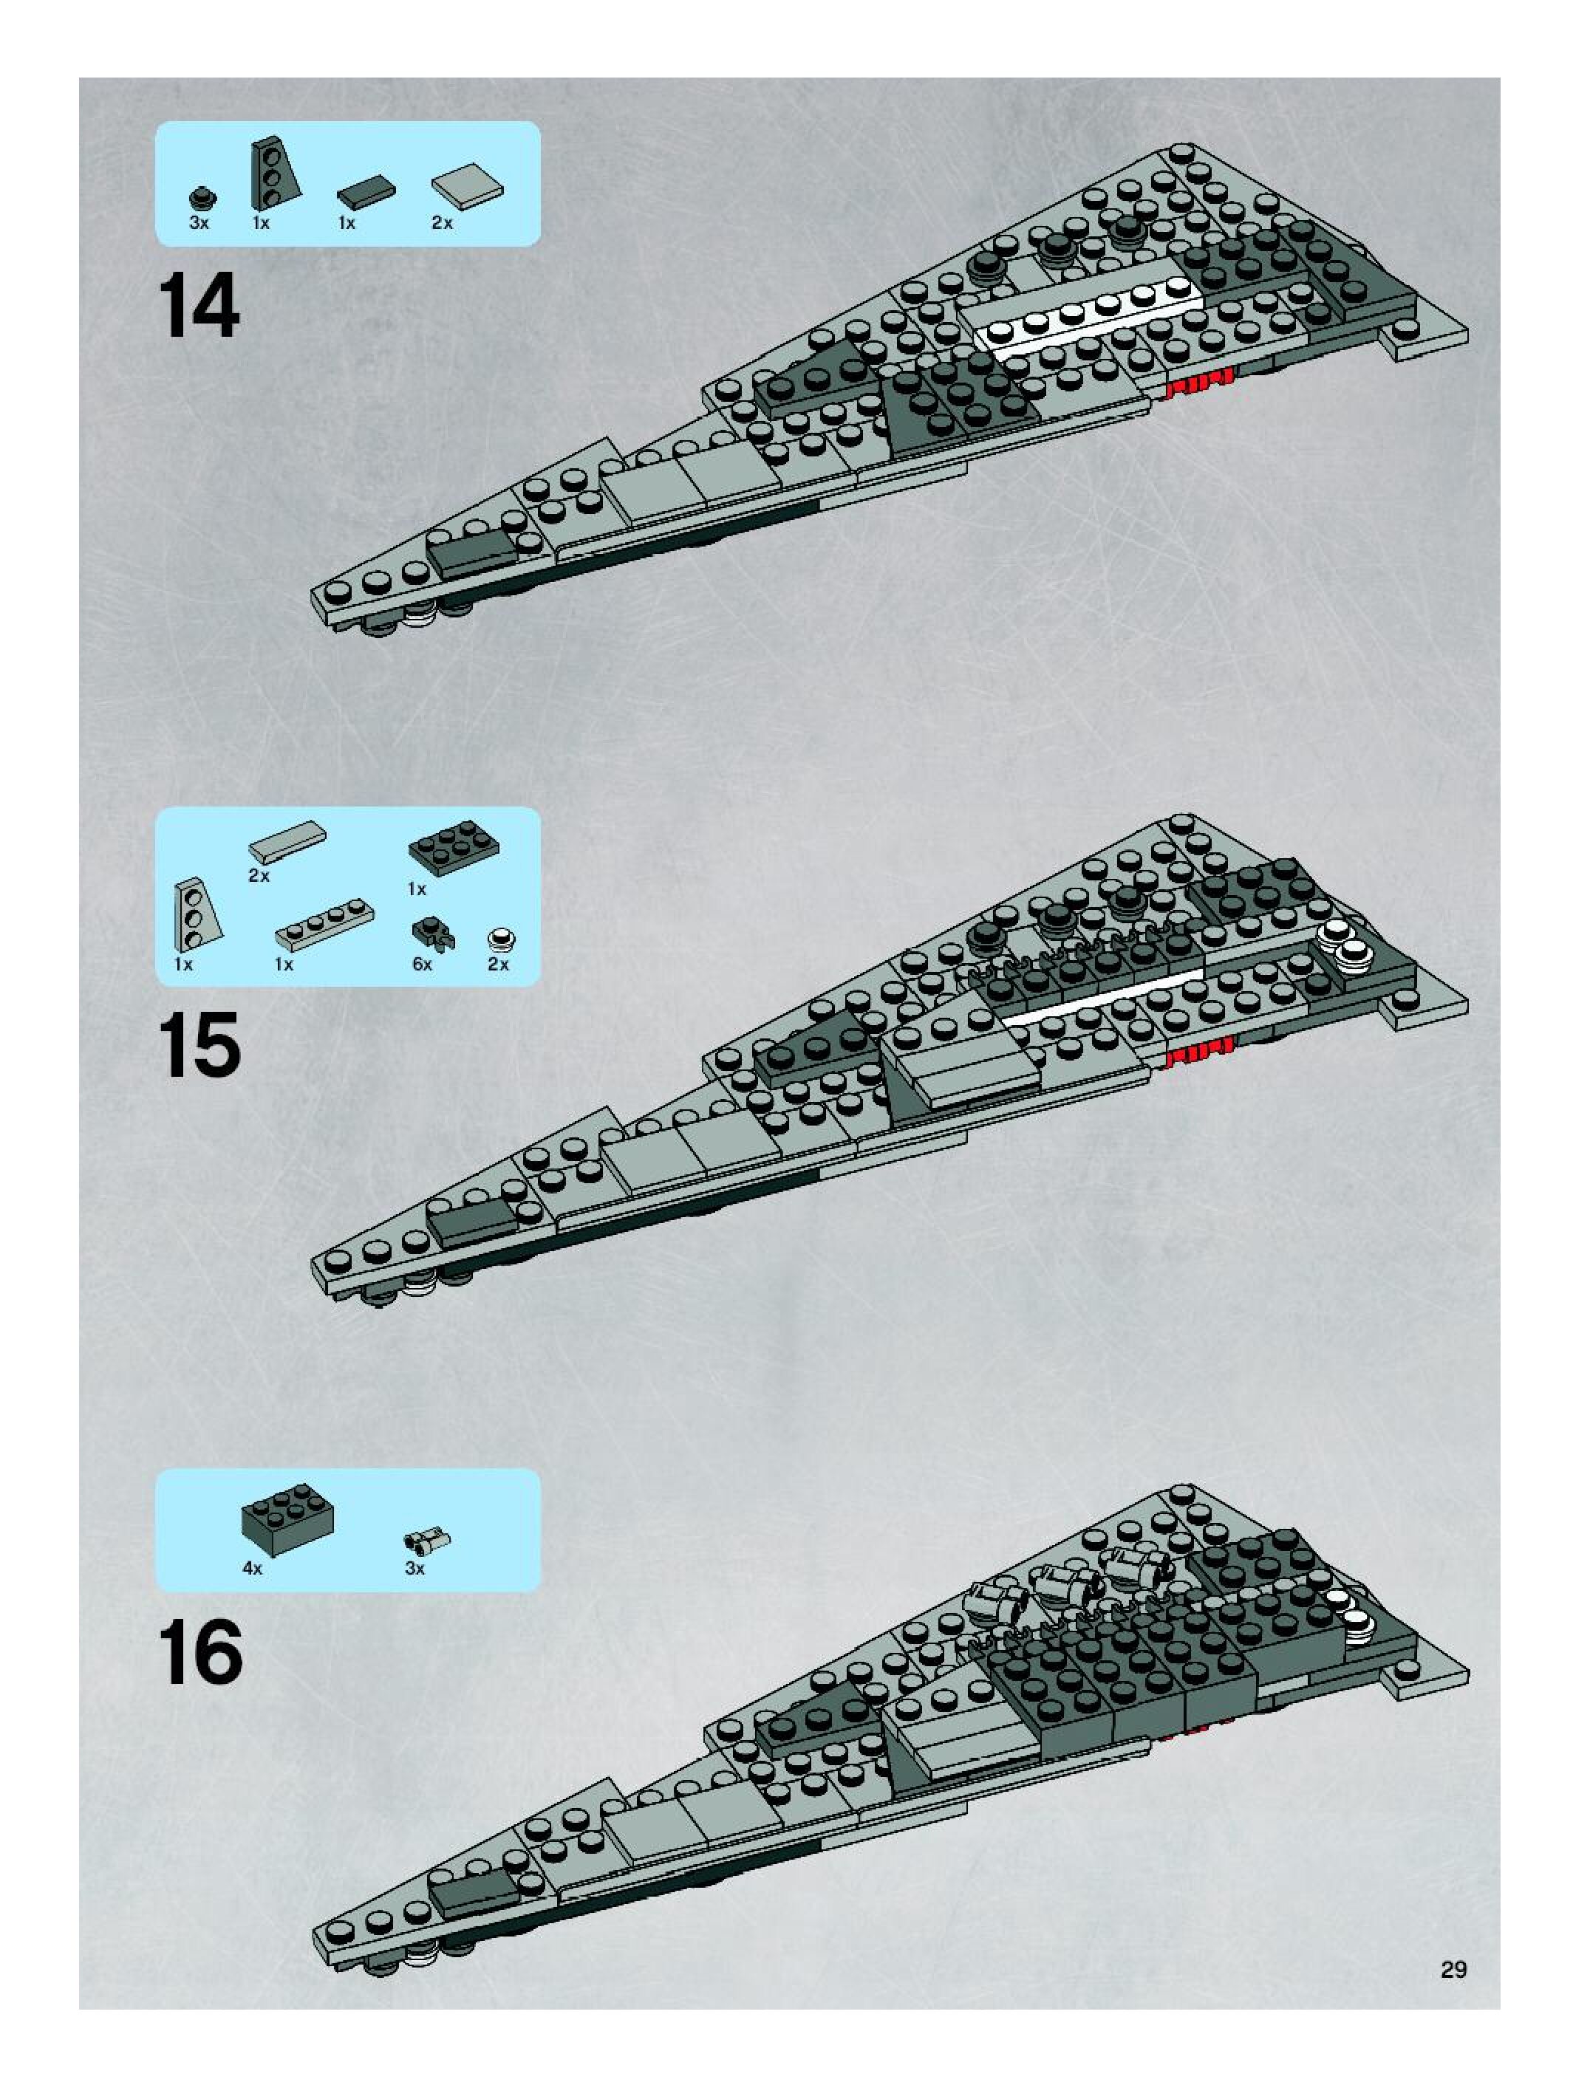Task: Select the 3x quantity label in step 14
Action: coord(199,224)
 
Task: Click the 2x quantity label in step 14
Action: coord(443,224)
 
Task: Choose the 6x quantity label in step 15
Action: coord(423,964)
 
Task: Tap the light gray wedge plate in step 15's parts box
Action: coord(193,915)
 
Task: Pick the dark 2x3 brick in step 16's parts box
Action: coord(287,1523)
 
